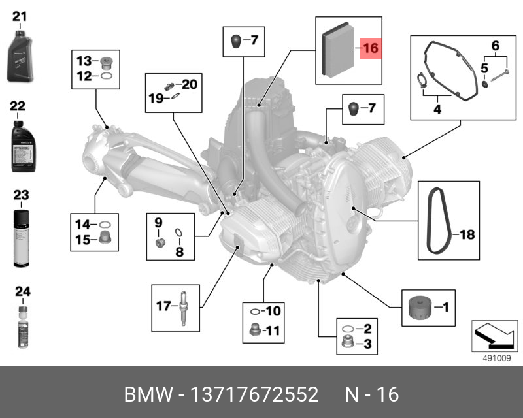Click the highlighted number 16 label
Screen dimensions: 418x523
pos(371,48)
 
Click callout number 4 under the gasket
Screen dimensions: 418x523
pos(436,110)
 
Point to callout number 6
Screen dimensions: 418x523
pos(496,46)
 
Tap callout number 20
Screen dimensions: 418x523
pos(189,84)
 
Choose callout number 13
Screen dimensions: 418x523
pos(85,61)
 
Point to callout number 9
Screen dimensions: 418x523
pos(158,223)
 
